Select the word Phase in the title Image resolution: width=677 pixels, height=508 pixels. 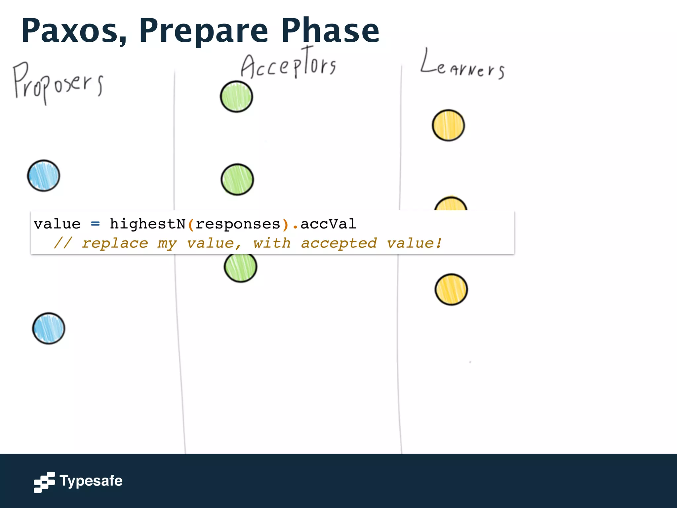tap(330, 30)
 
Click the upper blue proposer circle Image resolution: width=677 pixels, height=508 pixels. tap(44, 176)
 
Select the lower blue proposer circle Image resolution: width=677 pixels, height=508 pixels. tap(49, 328)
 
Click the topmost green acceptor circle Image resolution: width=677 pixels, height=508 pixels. tap(236, 97)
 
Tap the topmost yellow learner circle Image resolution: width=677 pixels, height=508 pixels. tap(448, 125)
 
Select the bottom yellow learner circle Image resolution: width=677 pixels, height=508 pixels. tap(451, 289)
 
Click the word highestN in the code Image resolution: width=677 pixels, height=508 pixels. tap(147, 224)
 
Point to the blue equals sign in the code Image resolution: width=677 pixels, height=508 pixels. tap(95, 224)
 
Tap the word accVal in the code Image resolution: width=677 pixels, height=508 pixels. tap(328, 224)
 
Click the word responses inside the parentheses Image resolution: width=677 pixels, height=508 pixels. tap(238, 224)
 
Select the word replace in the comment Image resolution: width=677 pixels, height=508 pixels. tap(115, 243)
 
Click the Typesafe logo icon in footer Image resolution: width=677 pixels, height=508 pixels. tap(44, 482)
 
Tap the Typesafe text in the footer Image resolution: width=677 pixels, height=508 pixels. tap(91, 481)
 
